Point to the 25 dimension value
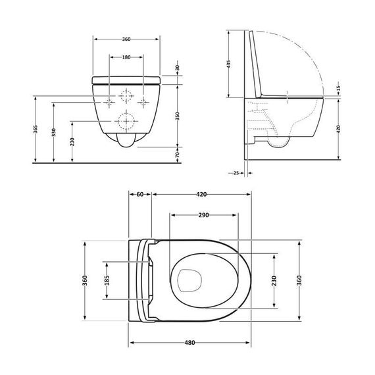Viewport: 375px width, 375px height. tap(236, 174)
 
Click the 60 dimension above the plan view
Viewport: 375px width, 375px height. tap(140, 194)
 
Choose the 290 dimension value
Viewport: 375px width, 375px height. tap(203, 215)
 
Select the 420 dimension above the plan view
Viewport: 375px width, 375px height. tap(201, 194)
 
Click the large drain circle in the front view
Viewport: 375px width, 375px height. tap(125, 121)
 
